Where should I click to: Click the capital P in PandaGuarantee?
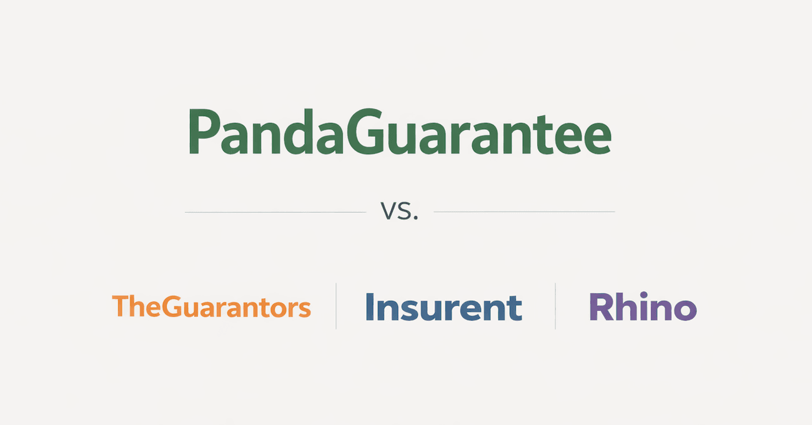pos(202,133)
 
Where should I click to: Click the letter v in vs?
pos(388,213)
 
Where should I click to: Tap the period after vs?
pos(414,219)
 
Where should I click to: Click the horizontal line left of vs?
pos(275,212)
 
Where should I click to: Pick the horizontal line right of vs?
pos(524,212)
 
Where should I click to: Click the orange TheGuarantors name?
pos(211,307)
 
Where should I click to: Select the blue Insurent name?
pos(443,307)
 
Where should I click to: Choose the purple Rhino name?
pos(643,307)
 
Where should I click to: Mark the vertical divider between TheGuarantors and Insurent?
pos(336,306)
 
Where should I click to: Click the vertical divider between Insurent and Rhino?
pos(555,306)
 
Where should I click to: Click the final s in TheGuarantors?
pos(304,310)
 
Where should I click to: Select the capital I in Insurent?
pos(370,306)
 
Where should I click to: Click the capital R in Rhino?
pos(600,307)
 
